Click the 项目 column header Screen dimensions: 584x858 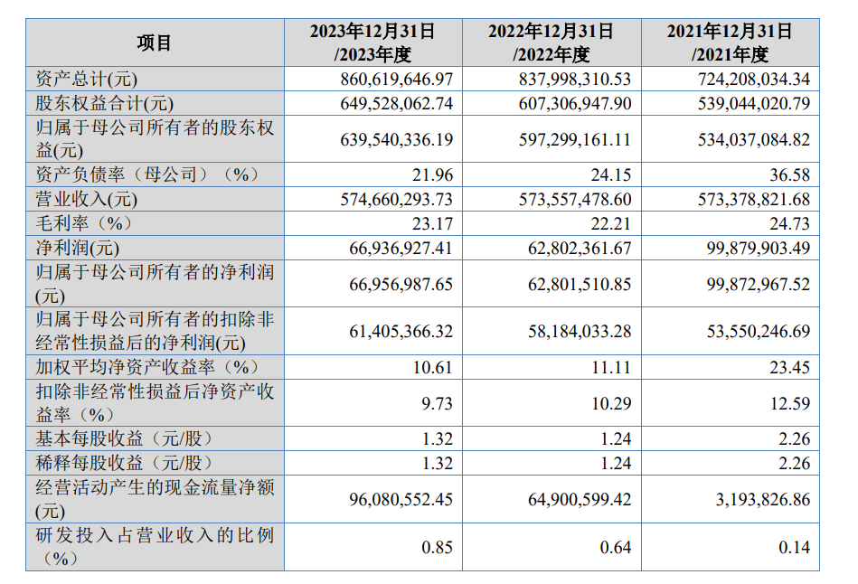click(x=155, y=42)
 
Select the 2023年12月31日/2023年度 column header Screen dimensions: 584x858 click(x=372, y=42)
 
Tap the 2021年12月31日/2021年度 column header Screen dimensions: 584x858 click(x=730, y=42)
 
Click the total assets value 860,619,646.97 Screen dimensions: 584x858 click(x=396, y=80)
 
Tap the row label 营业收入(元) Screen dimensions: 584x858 click(x=87, y=198)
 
